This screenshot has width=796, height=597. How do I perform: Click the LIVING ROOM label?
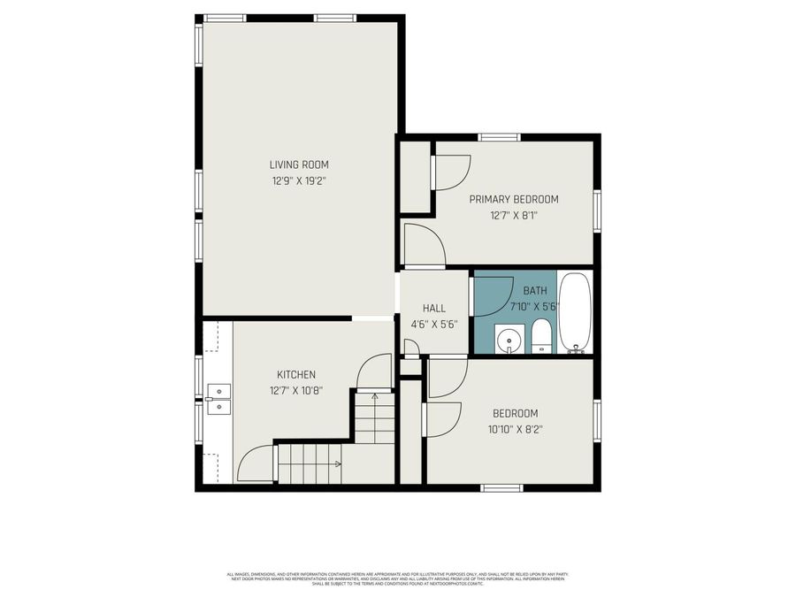(x=299, y=165)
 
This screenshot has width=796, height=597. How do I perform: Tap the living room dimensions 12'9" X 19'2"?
(x=299, y=180)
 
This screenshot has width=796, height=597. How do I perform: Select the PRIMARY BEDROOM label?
(x=514, y=199)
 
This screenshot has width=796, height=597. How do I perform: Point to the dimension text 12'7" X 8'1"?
(x=514, y=215)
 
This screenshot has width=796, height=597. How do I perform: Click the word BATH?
(x=535, y=290)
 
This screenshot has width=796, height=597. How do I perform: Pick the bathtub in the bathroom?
(x=575, y=312)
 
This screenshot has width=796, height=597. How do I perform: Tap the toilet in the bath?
(x=542, y=337)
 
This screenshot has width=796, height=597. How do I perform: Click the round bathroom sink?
(x=509, y=340)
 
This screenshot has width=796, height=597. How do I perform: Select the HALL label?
(x=433, y=308)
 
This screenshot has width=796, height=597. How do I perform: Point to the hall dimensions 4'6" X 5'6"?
(x=433, y=324)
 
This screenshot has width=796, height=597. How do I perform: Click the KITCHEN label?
(x=296, y=374)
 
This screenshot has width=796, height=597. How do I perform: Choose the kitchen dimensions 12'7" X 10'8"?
(x=296, y=390)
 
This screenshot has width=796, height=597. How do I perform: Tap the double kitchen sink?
(x=218, y=399)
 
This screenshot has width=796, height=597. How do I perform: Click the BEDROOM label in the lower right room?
(x=515, y=413)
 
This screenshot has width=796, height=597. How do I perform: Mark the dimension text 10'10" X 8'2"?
(x=515, y=429)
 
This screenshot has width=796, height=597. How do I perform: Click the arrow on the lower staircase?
(x=336, y=463)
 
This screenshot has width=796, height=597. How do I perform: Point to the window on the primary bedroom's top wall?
(x=499, y=137)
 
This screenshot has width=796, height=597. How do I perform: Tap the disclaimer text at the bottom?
(x=398, y=579)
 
